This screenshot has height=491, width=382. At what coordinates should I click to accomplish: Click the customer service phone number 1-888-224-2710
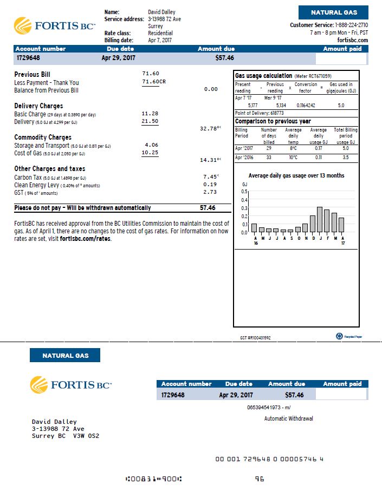(x=352, y=25)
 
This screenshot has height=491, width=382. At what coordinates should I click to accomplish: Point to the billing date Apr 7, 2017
(x=160, y=41)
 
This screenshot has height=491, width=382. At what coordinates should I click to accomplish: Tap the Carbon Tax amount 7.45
(x=210, y=177)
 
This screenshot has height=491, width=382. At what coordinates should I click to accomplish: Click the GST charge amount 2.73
(x=210, y=192)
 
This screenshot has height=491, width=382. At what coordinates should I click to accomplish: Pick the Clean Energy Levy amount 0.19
(x=210, y=185)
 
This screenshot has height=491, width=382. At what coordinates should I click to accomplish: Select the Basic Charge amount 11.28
(x=150, y=114)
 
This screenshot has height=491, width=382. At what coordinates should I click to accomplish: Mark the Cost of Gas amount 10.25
(x=150, y=153)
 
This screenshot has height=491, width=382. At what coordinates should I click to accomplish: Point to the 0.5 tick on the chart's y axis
(x=244, y=191)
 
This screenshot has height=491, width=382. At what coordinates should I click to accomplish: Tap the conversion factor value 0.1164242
(x=306, y=105)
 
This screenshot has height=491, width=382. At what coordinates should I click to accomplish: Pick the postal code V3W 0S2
(x=86, y=436)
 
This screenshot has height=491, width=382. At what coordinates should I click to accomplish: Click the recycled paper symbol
(x=339, y=336)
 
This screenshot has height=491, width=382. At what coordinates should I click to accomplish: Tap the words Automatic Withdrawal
(x=288, y=418)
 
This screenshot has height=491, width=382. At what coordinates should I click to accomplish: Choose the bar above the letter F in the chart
(x=327, y=220)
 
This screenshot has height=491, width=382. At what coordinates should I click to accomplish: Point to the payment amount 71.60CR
(x=153, y=81)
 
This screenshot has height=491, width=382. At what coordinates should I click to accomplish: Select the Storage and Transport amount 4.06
(x=151, y=145)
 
